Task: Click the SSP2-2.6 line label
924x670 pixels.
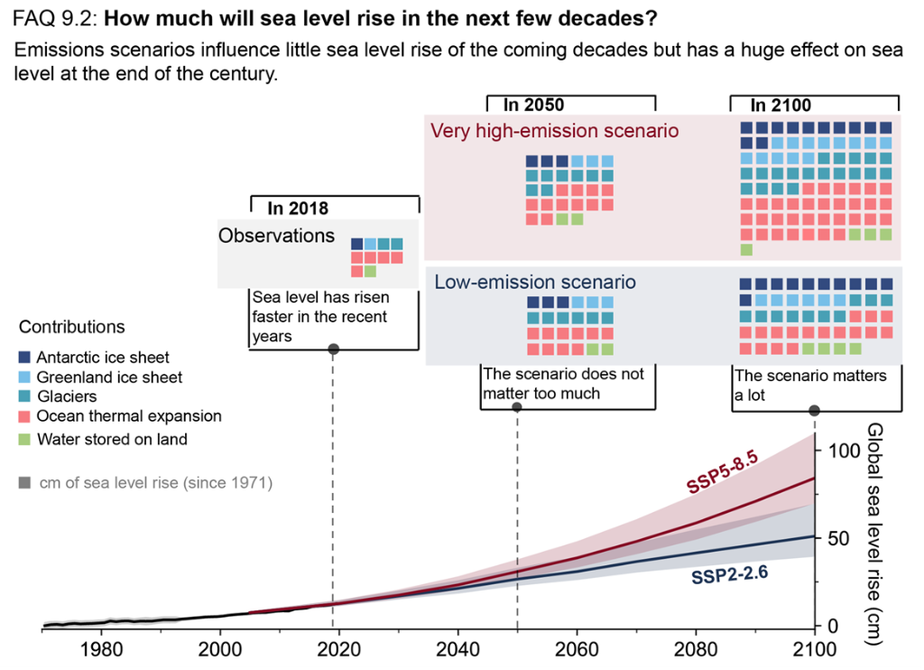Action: pyautogui.click(x=731, y=575)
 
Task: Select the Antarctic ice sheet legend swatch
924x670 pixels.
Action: pyautogui.click(x=24, y=358)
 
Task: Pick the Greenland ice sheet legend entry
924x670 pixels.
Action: pyautogui.click(x=109, y=377)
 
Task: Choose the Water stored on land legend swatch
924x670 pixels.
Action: pyautogui.click(x=24, y=440)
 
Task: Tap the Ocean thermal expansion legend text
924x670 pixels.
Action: pyautogui.click(x=128, y=416)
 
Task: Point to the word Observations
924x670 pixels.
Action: pyautogui.click(x=276, y=236)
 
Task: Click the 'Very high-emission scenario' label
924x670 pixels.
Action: pyautogui.click(x=554, y=131)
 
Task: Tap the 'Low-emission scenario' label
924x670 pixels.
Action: pyautogui.click(x=535, y=282)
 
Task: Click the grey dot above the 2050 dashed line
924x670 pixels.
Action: pyautogui.click(x=517, y=407)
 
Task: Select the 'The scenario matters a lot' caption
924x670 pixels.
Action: pyautogui.click(x=810, y=384)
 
